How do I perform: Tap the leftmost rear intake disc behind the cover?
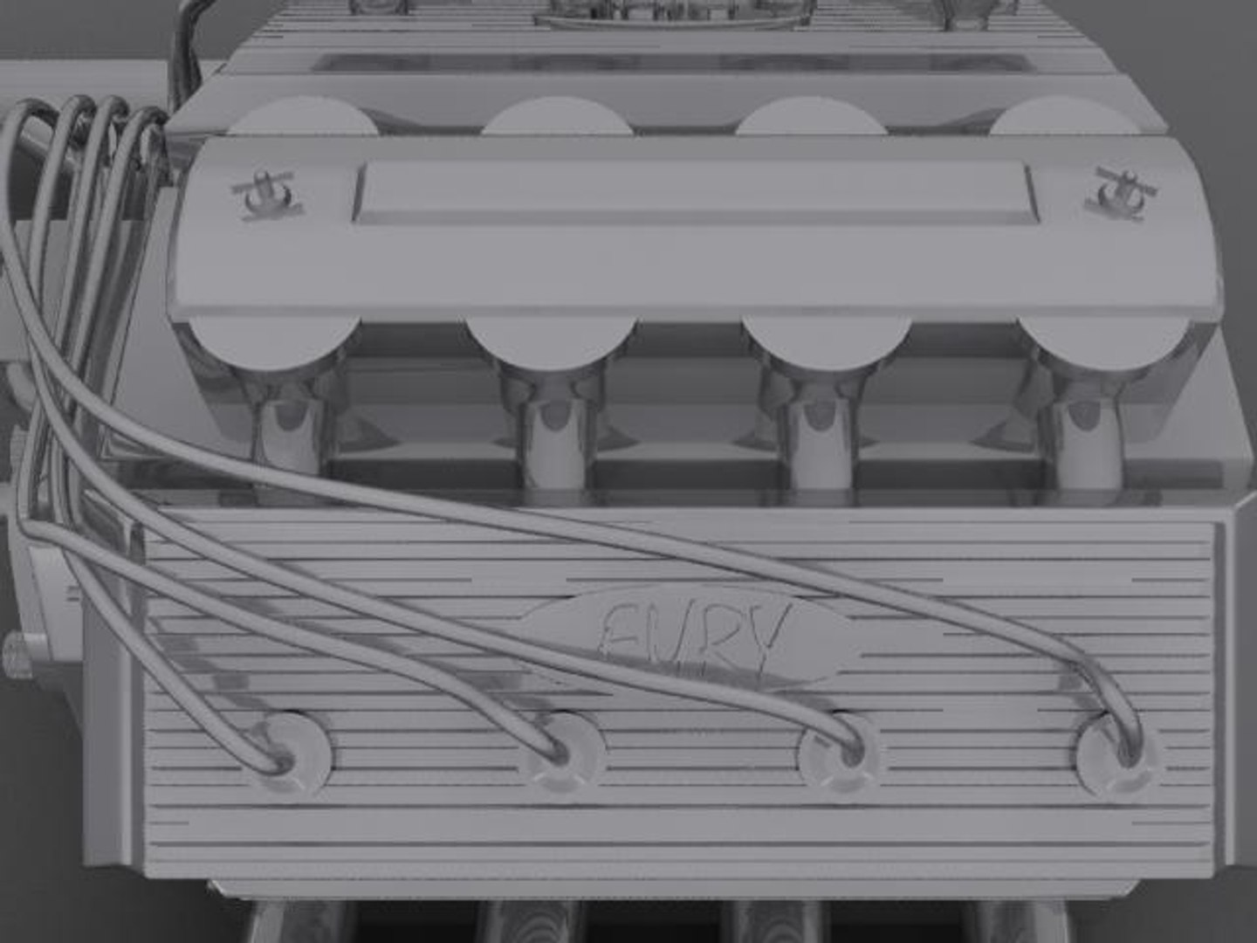coord(301,118)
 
